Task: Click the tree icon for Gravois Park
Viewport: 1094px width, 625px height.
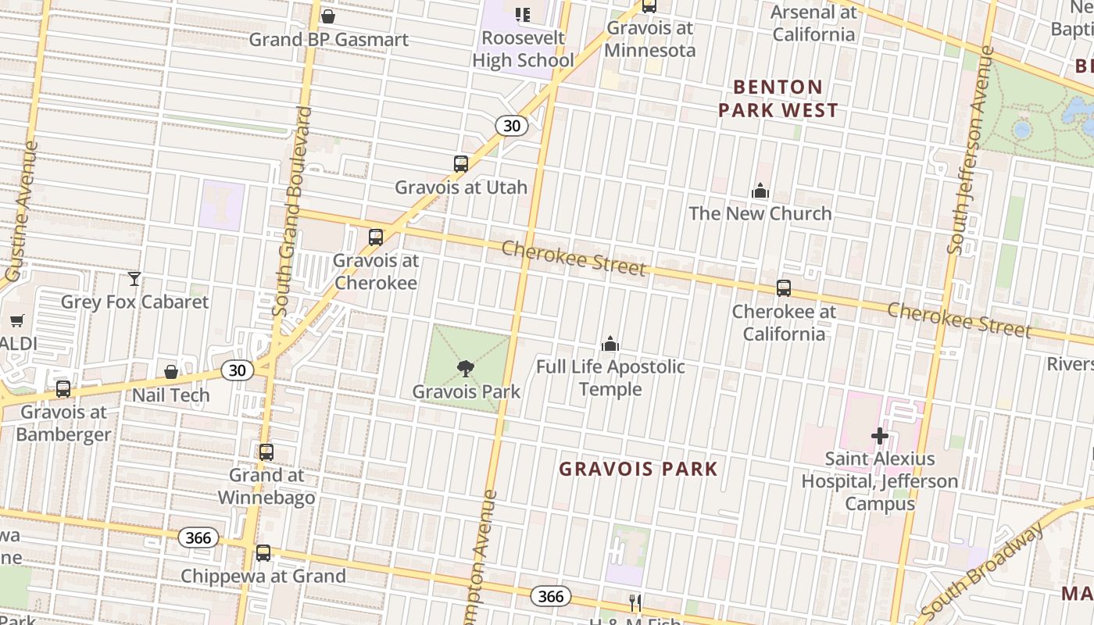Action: (x=465, y=368)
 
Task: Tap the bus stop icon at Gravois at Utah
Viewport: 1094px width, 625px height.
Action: (x=461, y=164)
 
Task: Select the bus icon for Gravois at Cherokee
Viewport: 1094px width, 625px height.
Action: (x=376, y=237)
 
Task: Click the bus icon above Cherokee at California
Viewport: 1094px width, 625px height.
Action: (x=784, y=287)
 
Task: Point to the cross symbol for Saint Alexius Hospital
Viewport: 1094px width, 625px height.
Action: (x=880, y=436)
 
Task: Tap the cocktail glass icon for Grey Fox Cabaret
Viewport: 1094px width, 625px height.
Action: (x=134, y=279)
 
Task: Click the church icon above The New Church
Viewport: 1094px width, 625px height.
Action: (x=760, y=191)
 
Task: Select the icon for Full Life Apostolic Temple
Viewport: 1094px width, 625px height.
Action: (x=610, y=344)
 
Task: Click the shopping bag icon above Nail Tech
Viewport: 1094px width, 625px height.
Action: (x=171, y=372)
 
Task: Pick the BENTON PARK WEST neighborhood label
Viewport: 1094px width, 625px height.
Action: (x=778, y=98)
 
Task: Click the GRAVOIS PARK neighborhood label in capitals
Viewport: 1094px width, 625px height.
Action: (x=638, y=469)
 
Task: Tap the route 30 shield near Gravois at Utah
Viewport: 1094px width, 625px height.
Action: (x=513, y=125)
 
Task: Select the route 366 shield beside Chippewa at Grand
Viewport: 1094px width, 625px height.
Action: (x=198, y=537)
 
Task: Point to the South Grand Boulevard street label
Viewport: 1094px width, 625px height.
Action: (x=291, y=211)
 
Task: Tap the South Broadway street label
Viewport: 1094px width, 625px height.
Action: (x=983, y=570)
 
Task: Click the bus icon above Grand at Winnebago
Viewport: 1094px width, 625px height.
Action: (x=266, y=452)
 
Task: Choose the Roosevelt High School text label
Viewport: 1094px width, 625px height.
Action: (x=523, y=48)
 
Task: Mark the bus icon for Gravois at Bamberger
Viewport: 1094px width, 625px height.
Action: (x=63, y=389)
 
